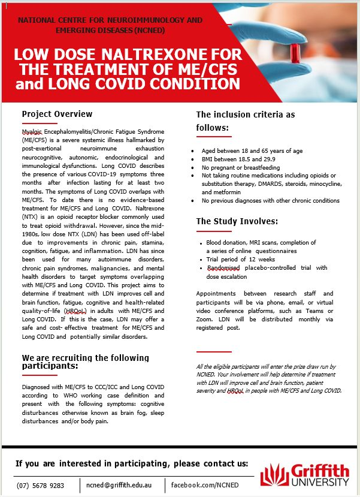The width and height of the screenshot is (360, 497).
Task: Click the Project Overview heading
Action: click(x=57, y=114)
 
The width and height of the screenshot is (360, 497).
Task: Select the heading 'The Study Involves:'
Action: click(x=237, y=221)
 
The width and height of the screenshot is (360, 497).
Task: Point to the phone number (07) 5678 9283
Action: click(x=41, y=484)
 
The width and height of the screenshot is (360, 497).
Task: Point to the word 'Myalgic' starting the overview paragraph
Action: click(x=34, y=131)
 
